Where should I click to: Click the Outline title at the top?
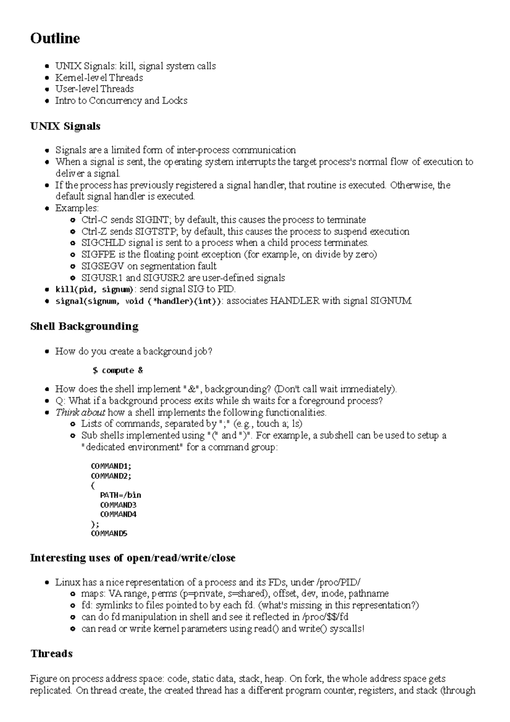tap(55, 38)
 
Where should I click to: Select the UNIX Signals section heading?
tap(65, 126)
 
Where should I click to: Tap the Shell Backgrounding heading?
tap(84, 326)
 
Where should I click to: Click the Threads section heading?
tap(51, 654)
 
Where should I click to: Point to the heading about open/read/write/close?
tap(133, 558)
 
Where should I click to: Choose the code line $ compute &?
tap(118, 370)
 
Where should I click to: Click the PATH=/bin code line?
tap(120, 495)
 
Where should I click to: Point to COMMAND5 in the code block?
tap(109, 533)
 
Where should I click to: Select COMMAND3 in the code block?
tap(118, 505)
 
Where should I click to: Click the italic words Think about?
tap(80, 412)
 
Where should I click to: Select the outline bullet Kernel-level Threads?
tap(99, 77)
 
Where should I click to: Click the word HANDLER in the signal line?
tap(295, 301)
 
